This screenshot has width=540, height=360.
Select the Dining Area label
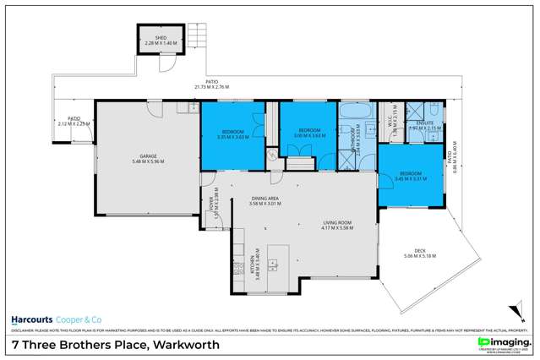click(265, 200)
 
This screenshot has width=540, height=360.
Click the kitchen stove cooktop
click(237, 269)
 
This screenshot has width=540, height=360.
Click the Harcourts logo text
click(32, 320)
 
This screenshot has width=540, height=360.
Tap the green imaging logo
click(501, 341)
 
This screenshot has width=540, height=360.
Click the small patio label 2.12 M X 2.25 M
click(74, 123)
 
